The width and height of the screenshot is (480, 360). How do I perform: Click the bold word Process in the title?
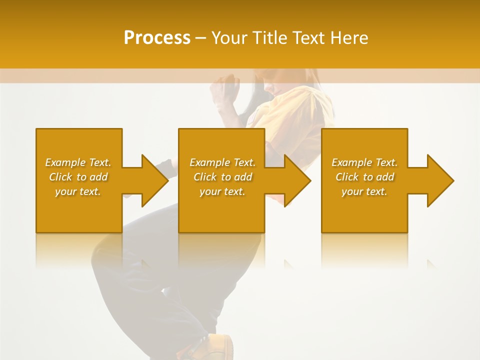click(x=157, y=37)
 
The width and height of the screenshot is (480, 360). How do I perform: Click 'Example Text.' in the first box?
click(x=78, y=162)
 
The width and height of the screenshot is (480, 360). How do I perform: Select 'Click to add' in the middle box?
click(x=222, y=177)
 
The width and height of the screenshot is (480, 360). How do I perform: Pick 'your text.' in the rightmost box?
click(x=364, y=191)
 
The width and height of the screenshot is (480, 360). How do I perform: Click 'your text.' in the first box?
click(x=78, y=191)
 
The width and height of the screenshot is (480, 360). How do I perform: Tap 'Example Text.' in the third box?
click(x=364, y=162)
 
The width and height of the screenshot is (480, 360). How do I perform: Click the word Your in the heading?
click(x=228, y=37)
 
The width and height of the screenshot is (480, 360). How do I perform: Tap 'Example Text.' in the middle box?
click(x=222, y=162)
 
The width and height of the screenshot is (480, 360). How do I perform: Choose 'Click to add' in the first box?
click(x=78, y=177)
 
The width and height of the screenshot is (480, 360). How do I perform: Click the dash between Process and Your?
click(x=200, y=38)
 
